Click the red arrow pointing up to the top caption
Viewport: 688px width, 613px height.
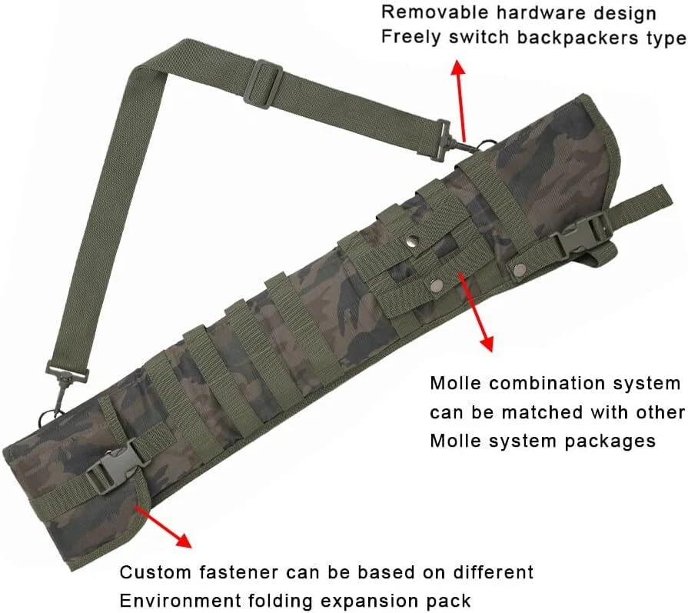[x=460, y=92]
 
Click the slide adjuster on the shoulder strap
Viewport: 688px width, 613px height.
[x=263, y=78]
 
